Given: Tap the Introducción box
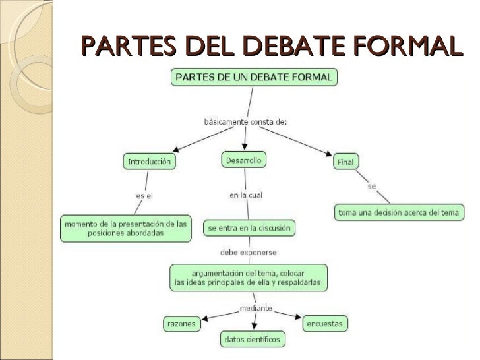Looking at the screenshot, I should pos(150,162).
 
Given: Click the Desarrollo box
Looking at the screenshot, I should pos(243,160).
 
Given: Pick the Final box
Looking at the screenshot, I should pos(345,162).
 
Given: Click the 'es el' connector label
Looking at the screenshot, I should pos(144,196).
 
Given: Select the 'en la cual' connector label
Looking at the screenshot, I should pos(247,195).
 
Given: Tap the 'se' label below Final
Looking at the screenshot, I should pos(372,187).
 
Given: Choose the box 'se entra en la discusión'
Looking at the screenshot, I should pos(248,228).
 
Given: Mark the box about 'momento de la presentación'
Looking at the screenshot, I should pos(125,228).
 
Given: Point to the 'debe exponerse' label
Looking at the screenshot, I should pos(248,252).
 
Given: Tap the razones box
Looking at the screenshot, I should pos(182,324).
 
